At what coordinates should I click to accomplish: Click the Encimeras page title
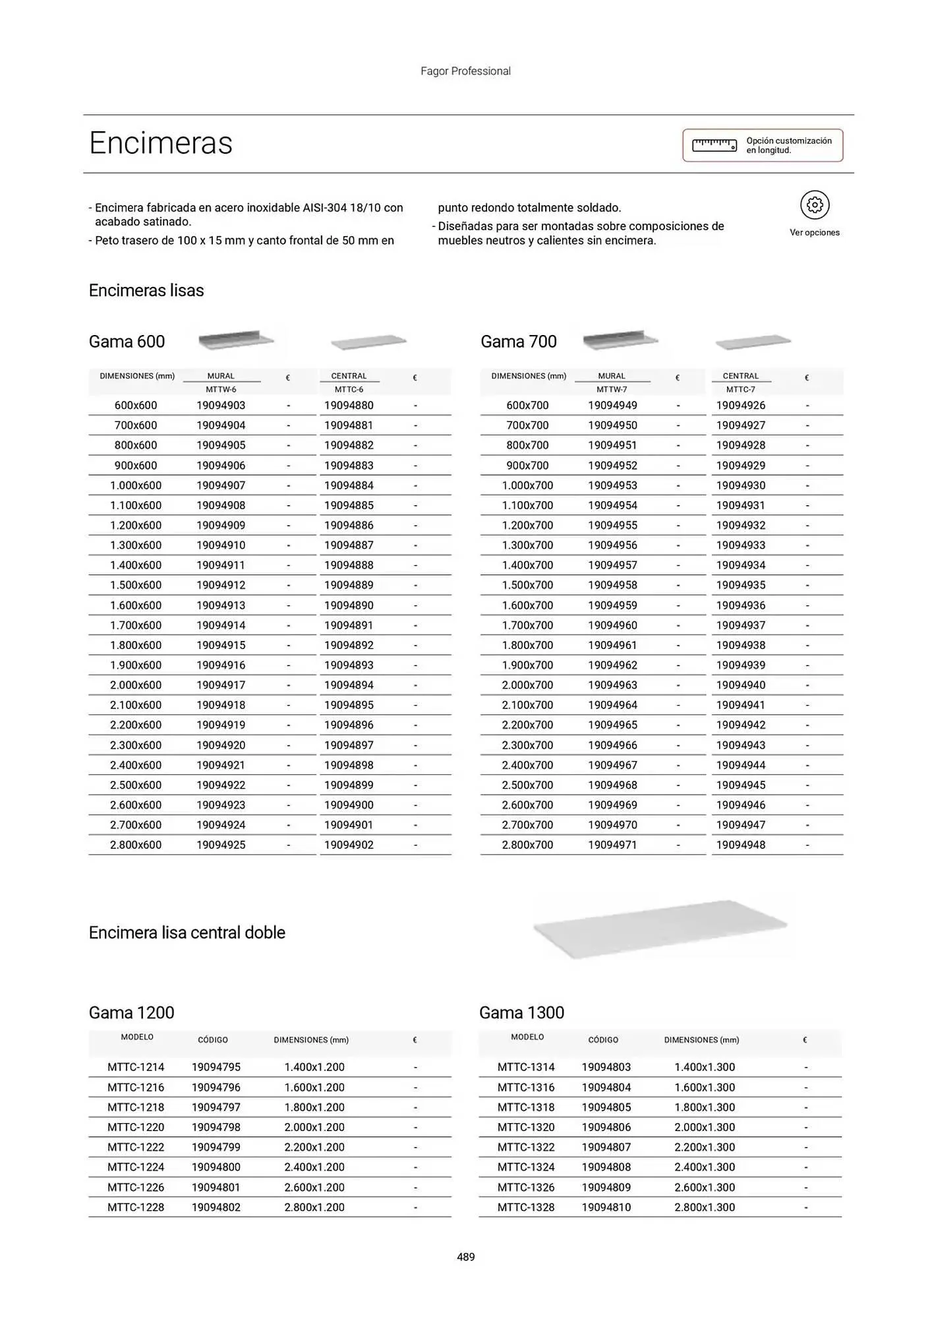[161, 143]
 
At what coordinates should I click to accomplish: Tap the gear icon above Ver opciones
[815, 205]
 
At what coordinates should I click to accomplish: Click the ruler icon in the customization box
[714, 145]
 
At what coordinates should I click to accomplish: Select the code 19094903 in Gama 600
[221, 406]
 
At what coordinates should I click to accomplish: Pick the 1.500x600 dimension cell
[136, 585]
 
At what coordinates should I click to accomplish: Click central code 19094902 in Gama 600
[349, 845]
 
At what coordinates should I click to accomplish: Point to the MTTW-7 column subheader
[612, 390]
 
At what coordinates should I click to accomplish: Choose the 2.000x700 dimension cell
[527, 685]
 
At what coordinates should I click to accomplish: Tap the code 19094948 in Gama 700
[741, 845]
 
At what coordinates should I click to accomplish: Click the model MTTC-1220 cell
[136, 1127]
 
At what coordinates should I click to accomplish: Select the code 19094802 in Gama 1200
[216, 1207]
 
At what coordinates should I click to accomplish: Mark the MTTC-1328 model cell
[526, 1207]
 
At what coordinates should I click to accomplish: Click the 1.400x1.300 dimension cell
[705, 1067]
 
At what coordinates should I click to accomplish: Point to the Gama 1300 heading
[521, 1012]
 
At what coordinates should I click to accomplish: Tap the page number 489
[466, 1257]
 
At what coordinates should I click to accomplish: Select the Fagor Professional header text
[465, 71]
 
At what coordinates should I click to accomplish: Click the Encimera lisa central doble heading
[187, 933]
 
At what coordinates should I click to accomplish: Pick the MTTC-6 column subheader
[349, 390]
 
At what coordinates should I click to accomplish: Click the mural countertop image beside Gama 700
[620, 340]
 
